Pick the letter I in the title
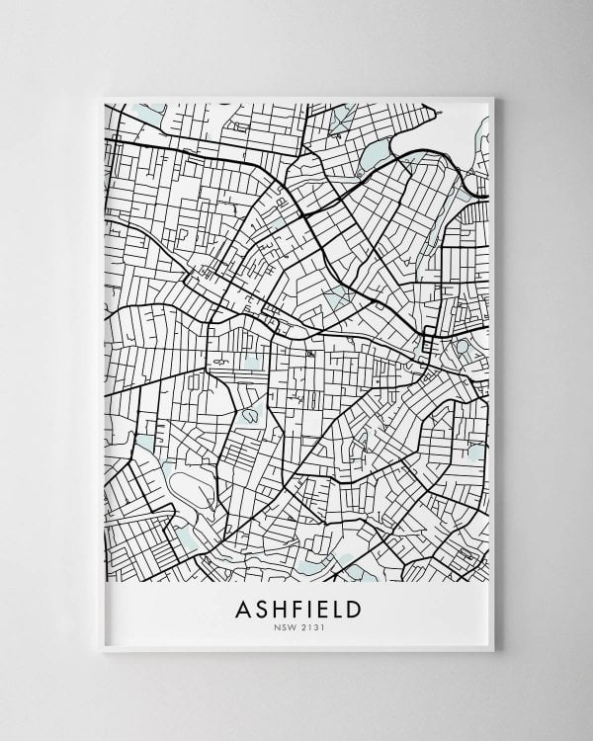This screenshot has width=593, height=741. click(x=315, y=610)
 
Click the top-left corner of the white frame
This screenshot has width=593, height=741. click(x=104, y=98)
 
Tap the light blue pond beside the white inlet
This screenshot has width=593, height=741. click(x=375, y=154)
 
